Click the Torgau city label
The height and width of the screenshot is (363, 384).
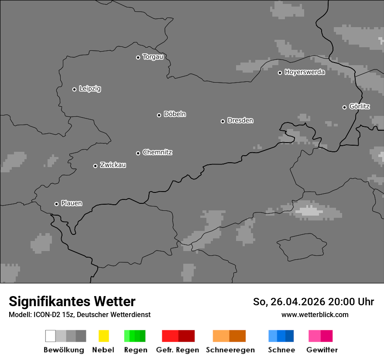point(153,57)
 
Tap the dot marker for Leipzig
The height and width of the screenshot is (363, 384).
point(74,89)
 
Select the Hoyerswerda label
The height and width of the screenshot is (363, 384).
point(305,72)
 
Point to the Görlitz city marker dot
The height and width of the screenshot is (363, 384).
point(344,107)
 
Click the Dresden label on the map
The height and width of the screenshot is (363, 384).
point(240,120)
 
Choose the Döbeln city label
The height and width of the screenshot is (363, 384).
point(175,114)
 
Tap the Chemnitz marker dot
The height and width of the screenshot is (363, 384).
point(138,153)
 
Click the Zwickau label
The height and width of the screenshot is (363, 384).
point(113,165)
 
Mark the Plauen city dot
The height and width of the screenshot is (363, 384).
point(56,204)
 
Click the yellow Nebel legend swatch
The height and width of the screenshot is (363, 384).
point(103,336)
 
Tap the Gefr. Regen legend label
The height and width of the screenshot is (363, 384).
point(178,350)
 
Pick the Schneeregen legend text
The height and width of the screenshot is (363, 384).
point(230,350)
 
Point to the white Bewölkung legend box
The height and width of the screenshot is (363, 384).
point(51,336)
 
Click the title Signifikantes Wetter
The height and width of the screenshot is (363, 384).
point(72,302)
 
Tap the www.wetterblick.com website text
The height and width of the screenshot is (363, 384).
point(315,314)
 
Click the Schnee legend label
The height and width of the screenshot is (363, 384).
point(281,350)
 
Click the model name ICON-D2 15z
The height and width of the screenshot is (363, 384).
point(54,315)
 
